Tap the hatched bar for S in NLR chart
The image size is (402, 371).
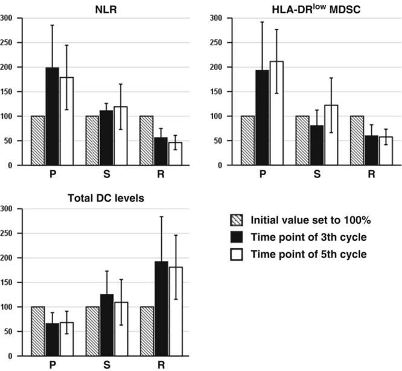coord(92,140)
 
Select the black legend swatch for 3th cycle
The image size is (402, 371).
coord(237,237)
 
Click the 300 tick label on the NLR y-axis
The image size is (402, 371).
coord(7,17)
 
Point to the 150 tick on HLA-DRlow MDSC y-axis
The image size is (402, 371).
coord(216,91)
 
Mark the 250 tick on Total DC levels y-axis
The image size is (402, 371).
coord(7,233)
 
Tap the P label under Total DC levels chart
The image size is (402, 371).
coord(52,364)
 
